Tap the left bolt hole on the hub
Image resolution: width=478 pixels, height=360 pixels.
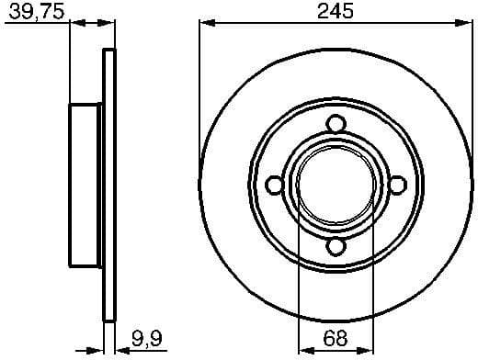(x=274, y=186)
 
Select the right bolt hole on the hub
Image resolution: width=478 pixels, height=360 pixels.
(x=397, y=186)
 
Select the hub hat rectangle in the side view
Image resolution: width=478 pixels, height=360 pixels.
(x=86, y=186)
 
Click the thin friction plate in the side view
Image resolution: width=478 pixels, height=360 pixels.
(x=109, y=186)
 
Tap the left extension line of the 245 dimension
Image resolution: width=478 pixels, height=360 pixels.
(x=199, y=92)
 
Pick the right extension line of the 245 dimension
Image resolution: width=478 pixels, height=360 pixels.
(x=472, y=92)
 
